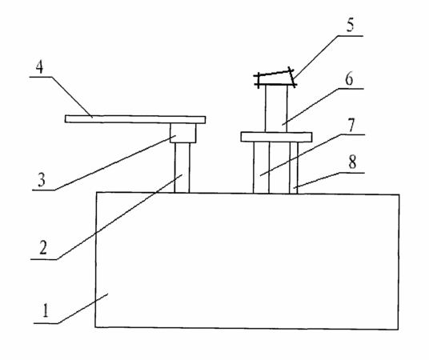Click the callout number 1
(x=46, y=310)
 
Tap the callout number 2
(x=42, y=247)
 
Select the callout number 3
(x=41, y=180)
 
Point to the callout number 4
(x=40, y=67)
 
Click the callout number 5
(x=351, y=25)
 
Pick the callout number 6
(x=349, y=79)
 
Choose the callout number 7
(x=351, y=125)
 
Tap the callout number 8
(x=352, y=162)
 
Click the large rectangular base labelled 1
(x=247, y=261)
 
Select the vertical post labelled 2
(x=182, y=167)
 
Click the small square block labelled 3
(x=182, y=133)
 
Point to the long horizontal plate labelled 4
(x=135, y=119)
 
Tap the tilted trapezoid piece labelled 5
(x=275, y=78)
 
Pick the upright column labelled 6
(x=276, y=108)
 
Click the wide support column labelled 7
(x=279, y=167)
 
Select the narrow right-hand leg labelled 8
(x=294, y=167)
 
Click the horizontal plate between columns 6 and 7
(x=276, y=137)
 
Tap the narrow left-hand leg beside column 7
(x=261, y=167)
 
